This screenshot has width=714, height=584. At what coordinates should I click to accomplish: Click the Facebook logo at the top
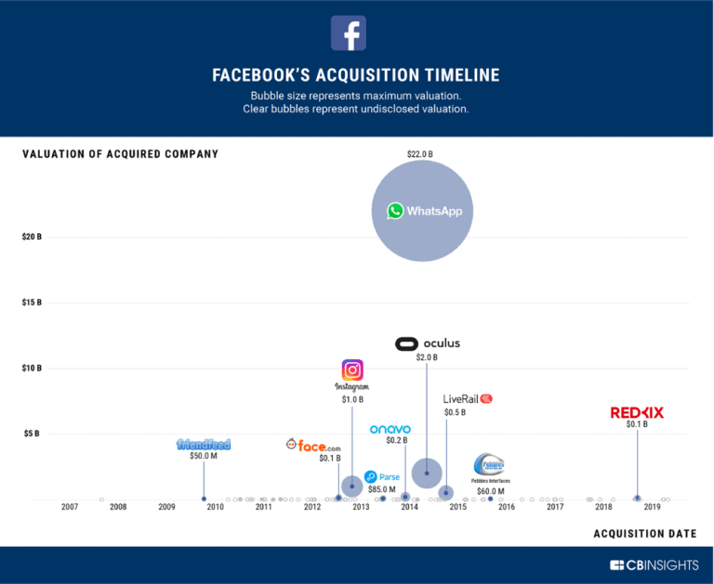pyautogui.click(x=349, y=33)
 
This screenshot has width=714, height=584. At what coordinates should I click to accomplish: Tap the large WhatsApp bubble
pyautogui.click(x=424, y=212)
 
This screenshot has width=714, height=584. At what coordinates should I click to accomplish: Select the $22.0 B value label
pyautogui.click(x=424, y=153)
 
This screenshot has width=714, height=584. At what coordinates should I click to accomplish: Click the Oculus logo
pyautogui.click(x=428, y=344)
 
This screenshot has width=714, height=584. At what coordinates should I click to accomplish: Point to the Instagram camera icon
pyautogui.click(x=352, y=370)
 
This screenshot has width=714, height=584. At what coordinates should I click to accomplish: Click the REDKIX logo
pyautogui.click(x=637, y=412)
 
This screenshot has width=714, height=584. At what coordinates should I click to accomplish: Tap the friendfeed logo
pyautogui.click(x=204, y=444)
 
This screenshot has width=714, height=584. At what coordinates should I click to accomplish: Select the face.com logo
pyautogui.click(x=313, y=446)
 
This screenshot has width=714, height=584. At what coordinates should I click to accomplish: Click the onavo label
pyautogui.click(x=390, y=429)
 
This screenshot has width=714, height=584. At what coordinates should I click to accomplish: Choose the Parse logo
pyautogui.click(x=382, y=476)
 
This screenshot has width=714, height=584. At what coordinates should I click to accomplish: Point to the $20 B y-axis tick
pyautogui.click(x=32, y=238)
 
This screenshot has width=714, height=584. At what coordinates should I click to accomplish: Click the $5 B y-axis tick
pyautogui.click(x=32, y=434)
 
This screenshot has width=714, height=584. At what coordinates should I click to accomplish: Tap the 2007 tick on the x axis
pyautogui.click(x=69, y=507)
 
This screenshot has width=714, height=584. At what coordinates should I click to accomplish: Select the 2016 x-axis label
pyautogui.click(x=507, y=507)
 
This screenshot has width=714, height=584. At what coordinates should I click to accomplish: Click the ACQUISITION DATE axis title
pyautogui.click(x=644, y=534)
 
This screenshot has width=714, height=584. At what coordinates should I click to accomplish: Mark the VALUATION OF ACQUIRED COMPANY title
pyautogui.click(x=120, y=154)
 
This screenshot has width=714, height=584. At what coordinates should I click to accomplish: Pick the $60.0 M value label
pyautogui.click(x=490, y=491)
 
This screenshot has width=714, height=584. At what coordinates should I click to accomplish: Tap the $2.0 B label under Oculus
pyautogui.click(x=426, y=357)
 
